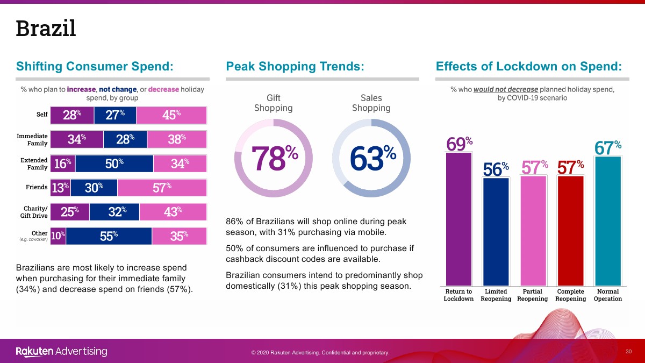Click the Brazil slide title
(x=46, y=28)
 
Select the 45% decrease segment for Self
(x=171, y=115)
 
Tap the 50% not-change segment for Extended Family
(x=114, y=164)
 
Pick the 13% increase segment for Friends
(x=60, y=188)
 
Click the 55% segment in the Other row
(x=109, y=236)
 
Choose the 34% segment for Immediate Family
(x=77, y=139)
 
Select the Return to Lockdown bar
(x=458, y=219)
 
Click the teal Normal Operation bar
(x=607, y=220)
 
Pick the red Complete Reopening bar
(x=570, y=230)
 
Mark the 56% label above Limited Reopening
(x=496, y=169)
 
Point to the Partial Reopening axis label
(x=532, y=295)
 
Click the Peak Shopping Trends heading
(x=295, y=67)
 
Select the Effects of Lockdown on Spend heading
(x=529, y=67)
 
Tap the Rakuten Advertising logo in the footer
(x=61, y=352)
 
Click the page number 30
(x=628, y=351)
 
